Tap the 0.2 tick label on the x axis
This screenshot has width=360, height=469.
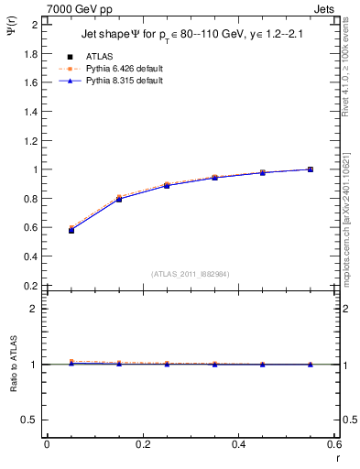143,444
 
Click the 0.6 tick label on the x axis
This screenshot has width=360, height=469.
334,444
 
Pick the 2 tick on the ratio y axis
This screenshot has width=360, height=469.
36,309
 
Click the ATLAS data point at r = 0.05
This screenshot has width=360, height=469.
71,230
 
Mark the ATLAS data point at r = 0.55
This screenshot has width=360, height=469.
311,169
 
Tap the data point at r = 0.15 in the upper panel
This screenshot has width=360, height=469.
119,199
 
